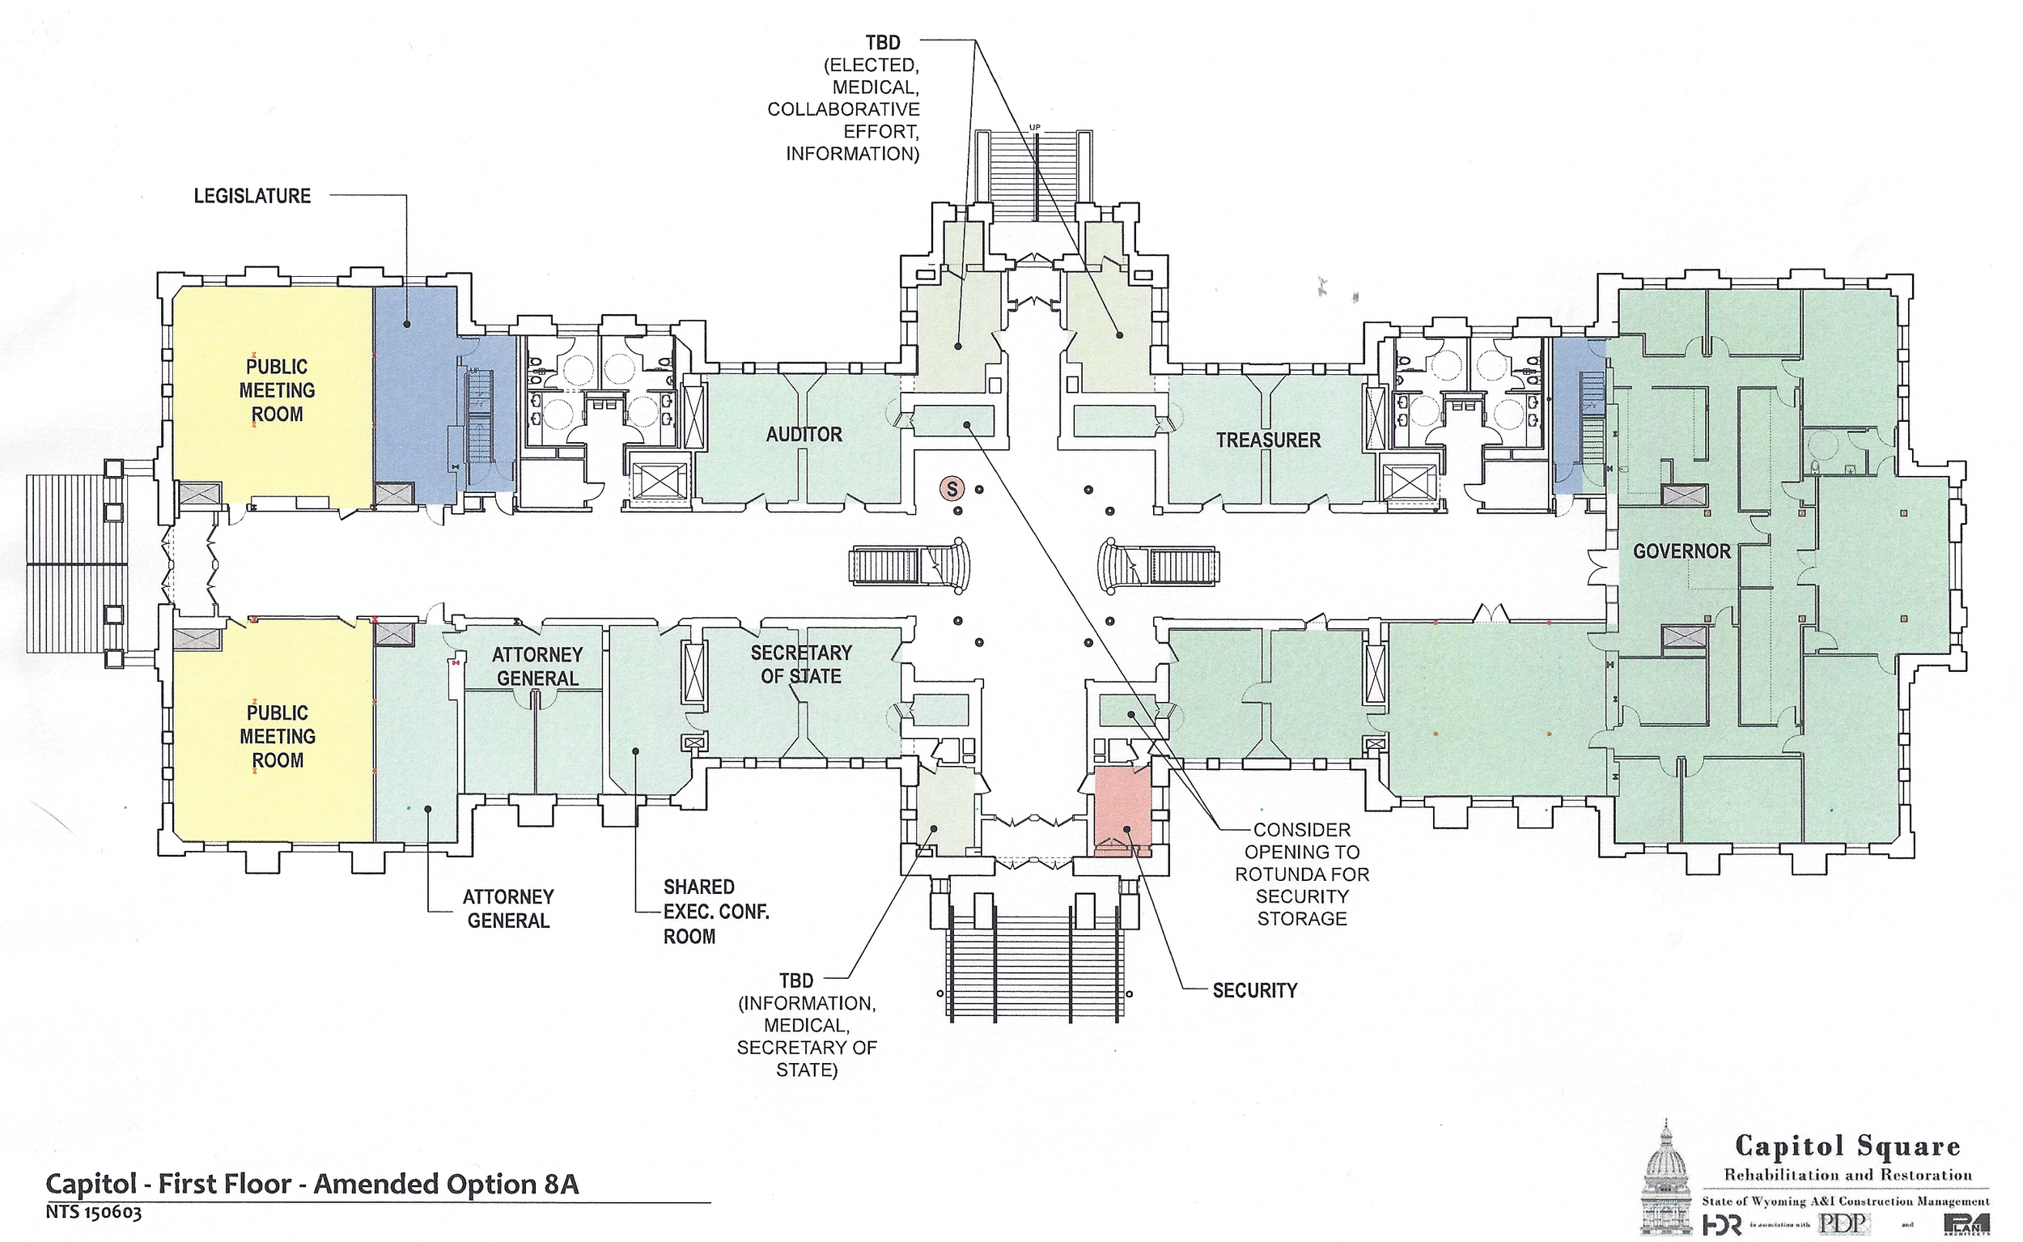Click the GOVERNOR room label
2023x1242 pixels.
point(1681,551)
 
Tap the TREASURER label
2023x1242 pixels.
point(1268,440)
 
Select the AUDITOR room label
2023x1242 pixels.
point(804,435)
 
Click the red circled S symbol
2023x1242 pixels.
point(952,490)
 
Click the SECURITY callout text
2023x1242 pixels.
point(1254,991)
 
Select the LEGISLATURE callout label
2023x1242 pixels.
point(252,196)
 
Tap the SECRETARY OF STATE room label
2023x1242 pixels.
point(800,665)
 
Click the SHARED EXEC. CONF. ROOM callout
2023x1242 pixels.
point(715,912)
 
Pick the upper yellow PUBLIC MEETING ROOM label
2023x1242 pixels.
point(277,390)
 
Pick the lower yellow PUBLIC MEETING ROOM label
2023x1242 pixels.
point(277,736)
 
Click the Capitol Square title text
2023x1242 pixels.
point(1847,1146)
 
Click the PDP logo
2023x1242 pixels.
point(1843,1224)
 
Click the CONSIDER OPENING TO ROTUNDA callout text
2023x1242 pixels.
point(1302,874)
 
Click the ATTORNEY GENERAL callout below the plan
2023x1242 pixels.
point(508,908)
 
